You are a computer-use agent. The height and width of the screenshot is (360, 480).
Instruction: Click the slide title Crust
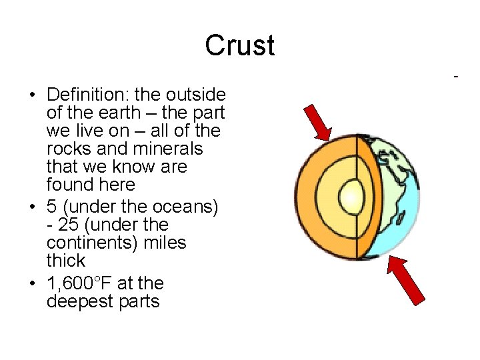pyautogui.click(x=239, y=45)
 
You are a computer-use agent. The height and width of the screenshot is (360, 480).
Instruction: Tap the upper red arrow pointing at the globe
pyautogui.click(x=317, y=123)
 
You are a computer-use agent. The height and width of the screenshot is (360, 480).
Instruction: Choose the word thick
pyautogui.click(x=66, y=261)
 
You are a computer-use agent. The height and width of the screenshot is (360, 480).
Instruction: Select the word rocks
pyautogui.click(x=70, y=149)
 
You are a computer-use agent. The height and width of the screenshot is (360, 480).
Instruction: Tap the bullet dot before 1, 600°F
pyautogui.click(x=31, y=284)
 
